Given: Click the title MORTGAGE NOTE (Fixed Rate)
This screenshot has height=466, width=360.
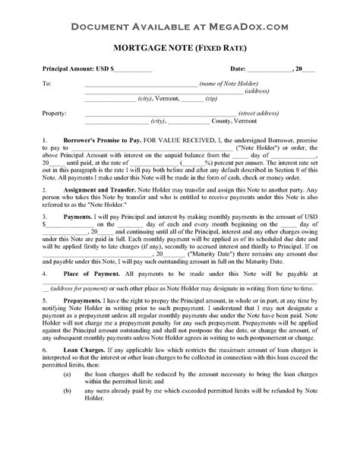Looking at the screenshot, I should click(x=179, y=49).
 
